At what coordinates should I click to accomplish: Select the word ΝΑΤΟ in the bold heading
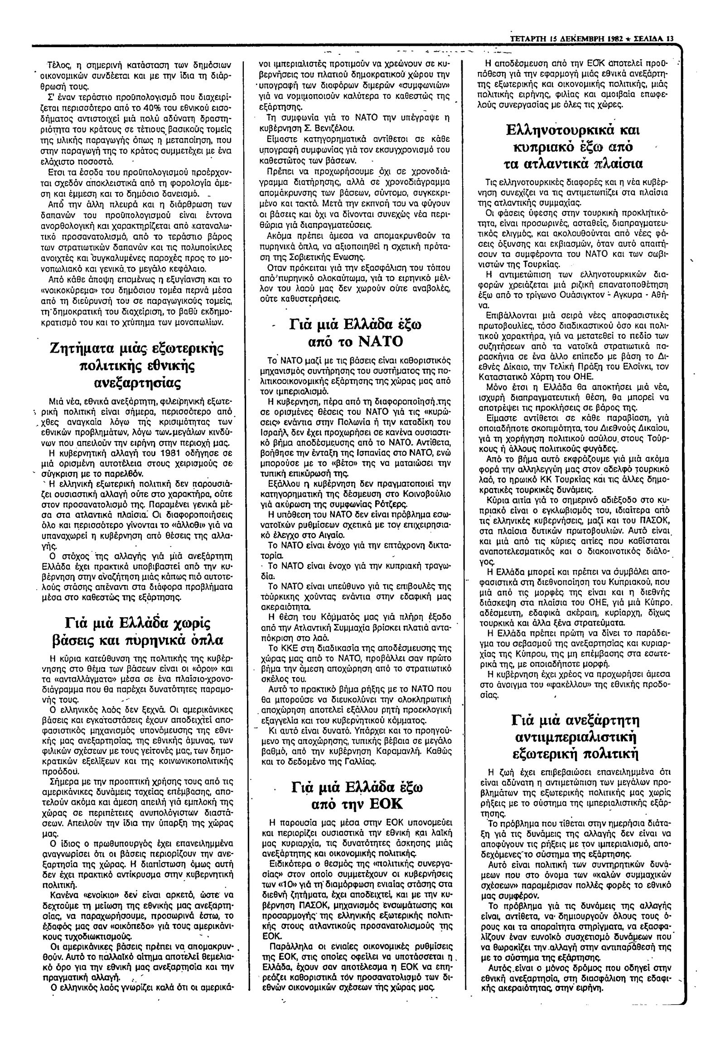point(381,341)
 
